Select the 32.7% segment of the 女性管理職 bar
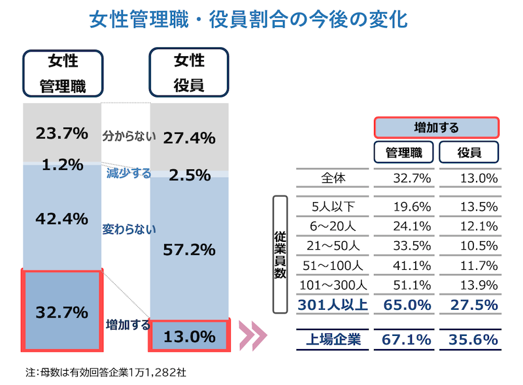(x=62, y=312)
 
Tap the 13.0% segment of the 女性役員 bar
(x=190, y=337)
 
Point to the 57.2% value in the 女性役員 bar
(x=190, y=249)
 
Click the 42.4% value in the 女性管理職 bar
(x=62, y=218)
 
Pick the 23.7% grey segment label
(x=62, y=134)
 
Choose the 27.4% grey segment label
(x=190, y=137)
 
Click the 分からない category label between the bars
(x=129, y=137)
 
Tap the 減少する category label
(x=129, y=173)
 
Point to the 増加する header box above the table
(x=436, y=127)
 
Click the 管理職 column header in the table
(x=403, y=152)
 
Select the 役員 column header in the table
(x=469, y=152)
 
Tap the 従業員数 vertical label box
(x=280, y=255)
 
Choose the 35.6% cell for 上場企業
(x=473, y=339)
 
